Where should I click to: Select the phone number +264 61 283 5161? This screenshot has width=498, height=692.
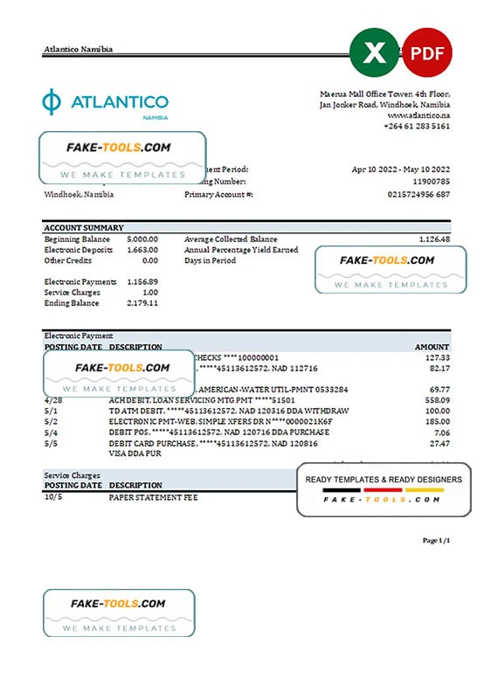417,127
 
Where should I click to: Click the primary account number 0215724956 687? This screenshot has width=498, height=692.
418,194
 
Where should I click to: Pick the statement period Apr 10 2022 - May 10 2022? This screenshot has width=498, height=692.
401,170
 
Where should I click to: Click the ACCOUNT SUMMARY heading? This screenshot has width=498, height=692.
84,227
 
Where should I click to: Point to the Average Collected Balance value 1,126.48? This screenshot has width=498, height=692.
433,239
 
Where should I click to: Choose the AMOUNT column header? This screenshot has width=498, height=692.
432,347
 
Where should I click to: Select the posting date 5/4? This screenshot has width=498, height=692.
51,432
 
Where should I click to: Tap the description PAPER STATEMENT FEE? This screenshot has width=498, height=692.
154,497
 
